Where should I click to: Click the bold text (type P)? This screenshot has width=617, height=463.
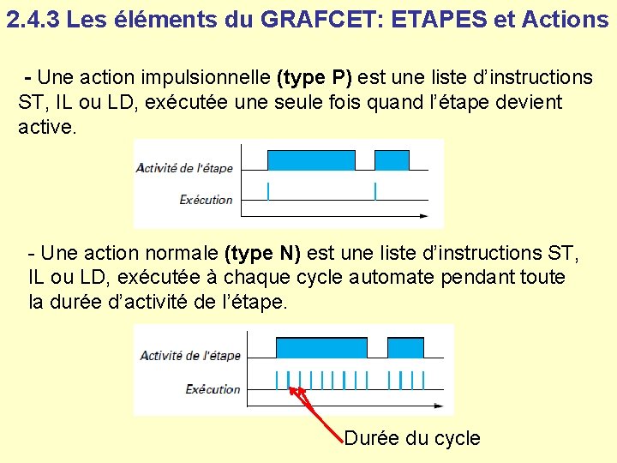coord(314,78)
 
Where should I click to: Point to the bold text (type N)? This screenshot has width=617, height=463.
coord(262,253)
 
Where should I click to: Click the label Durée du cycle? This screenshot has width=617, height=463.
coord(412,438)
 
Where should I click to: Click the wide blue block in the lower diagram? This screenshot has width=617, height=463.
coord(321,347)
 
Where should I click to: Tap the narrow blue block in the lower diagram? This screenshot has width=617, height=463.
coord(405,347)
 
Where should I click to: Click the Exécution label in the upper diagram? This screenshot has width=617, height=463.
coord(206,200)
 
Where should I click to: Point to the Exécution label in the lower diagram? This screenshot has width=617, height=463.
coord(213,389)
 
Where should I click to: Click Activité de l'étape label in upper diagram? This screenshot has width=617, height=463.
coord(184,168)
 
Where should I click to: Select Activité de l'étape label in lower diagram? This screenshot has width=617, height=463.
coord(190,355)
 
